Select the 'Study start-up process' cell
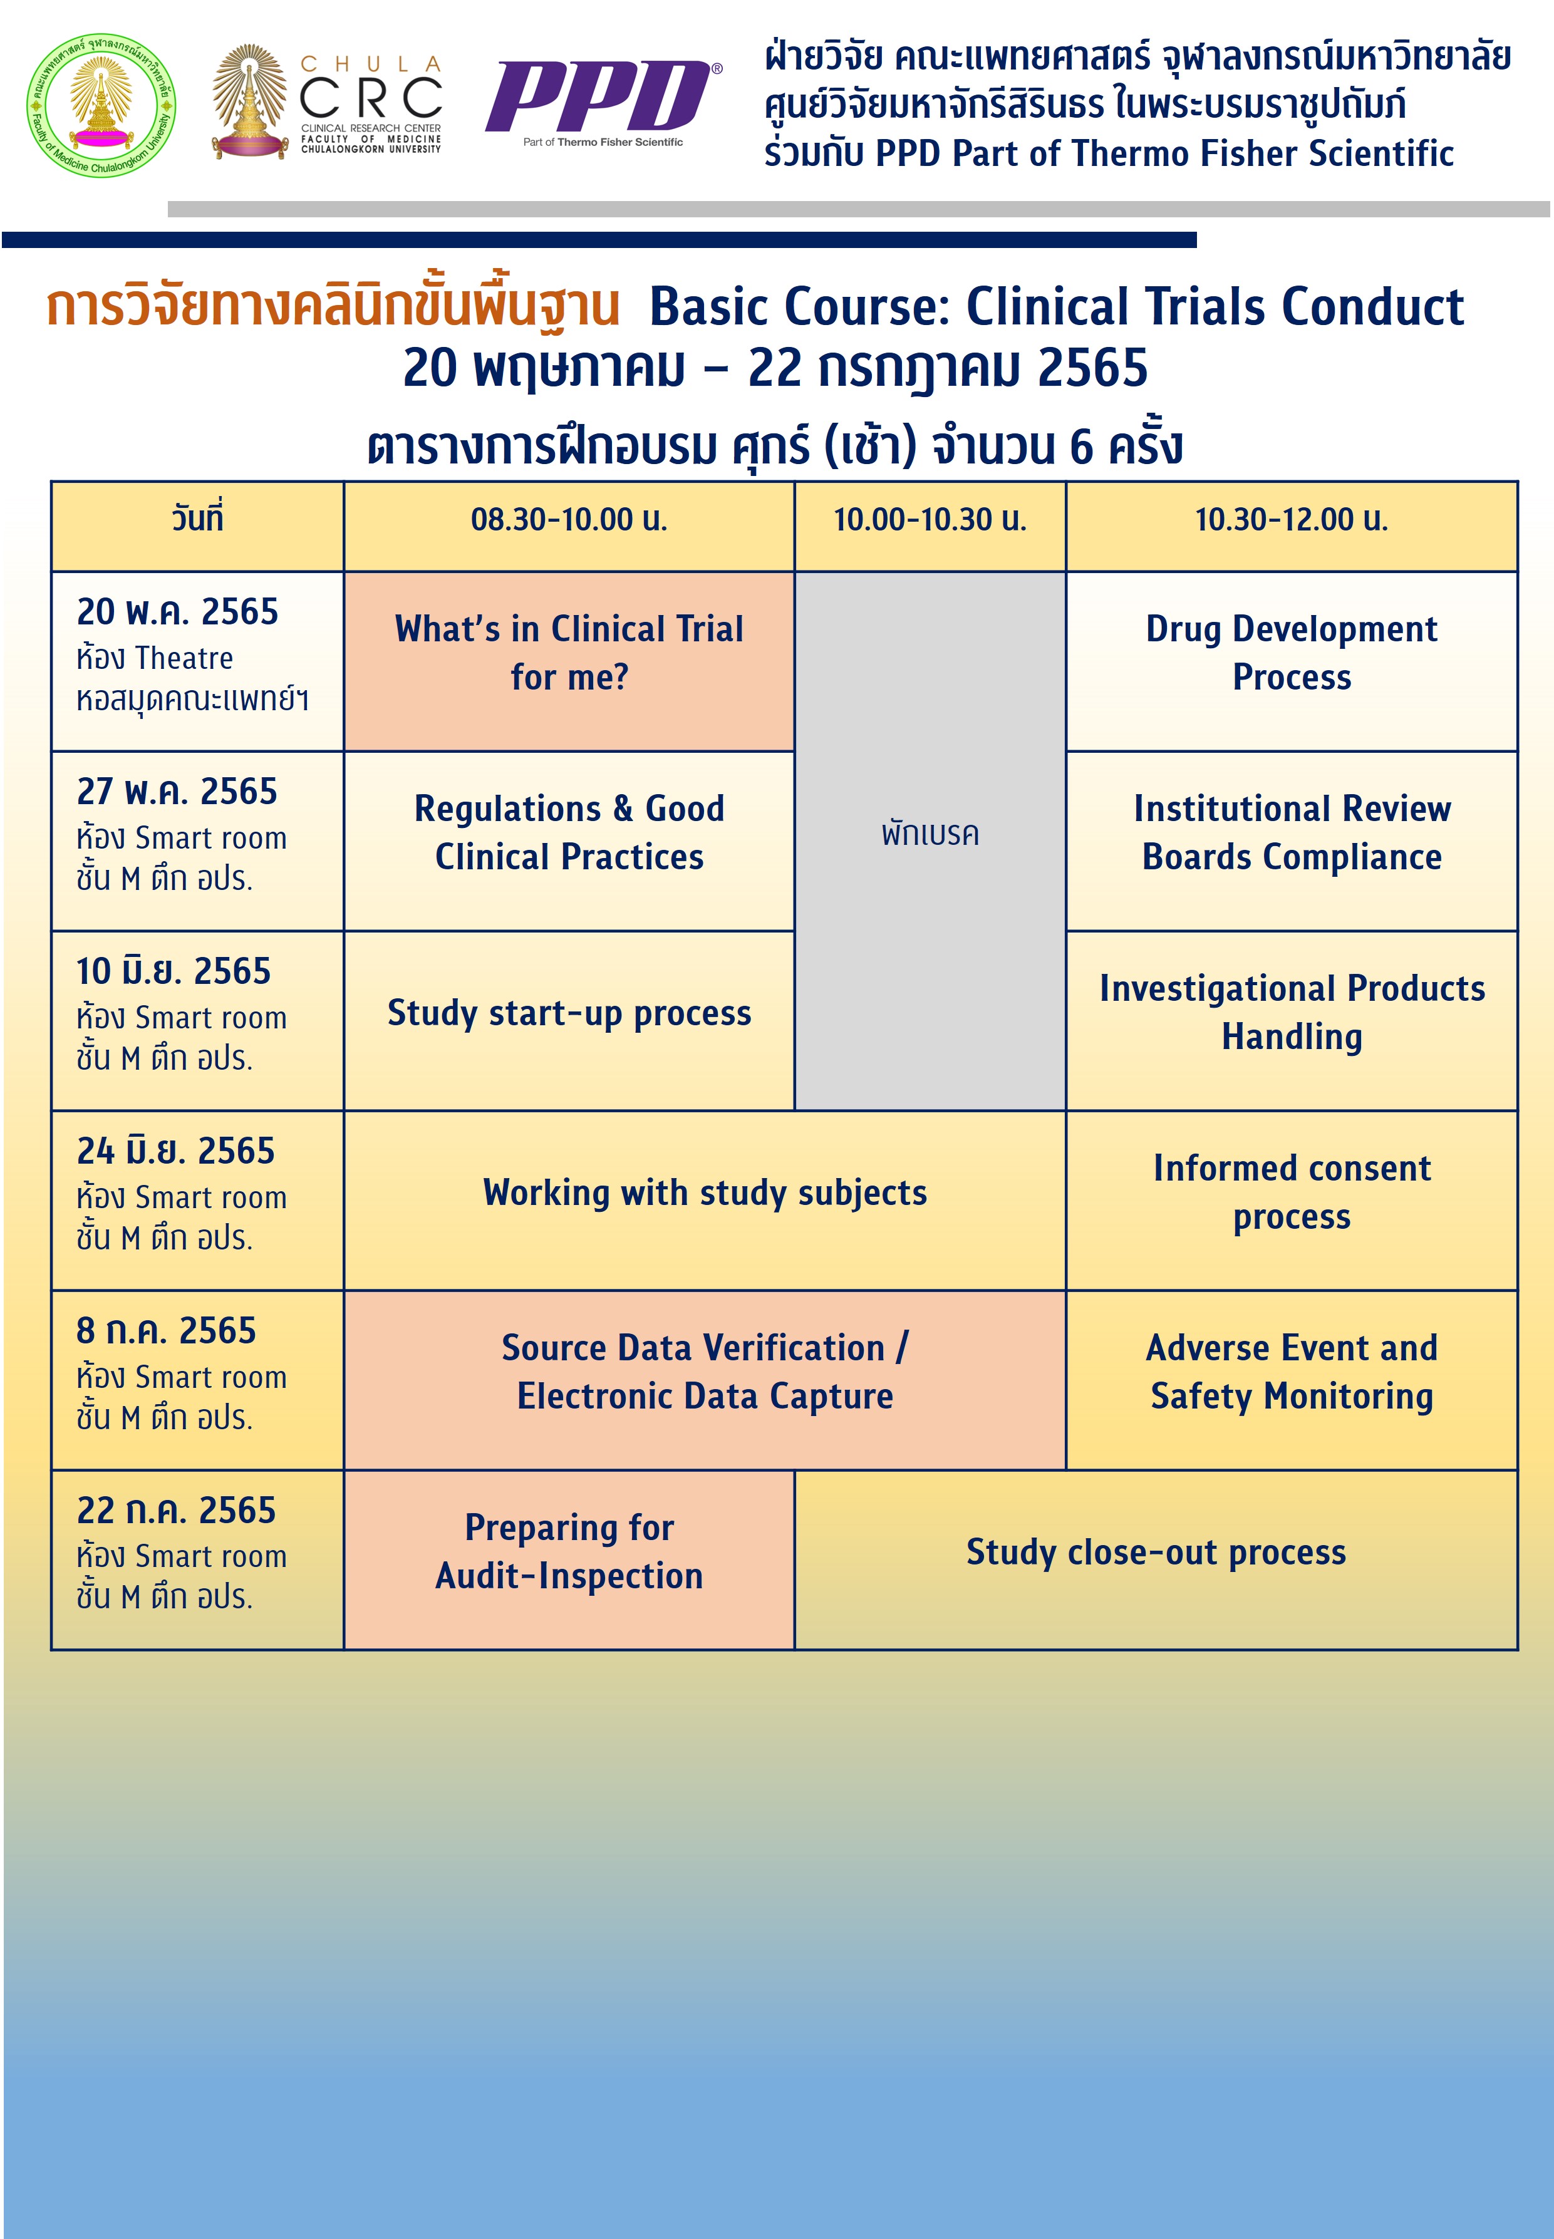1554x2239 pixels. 569,1013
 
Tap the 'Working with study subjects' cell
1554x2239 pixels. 704,1194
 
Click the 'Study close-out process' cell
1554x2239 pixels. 1156,1553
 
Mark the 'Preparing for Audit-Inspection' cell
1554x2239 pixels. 569,1552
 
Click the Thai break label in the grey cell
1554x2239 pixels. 930,834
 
